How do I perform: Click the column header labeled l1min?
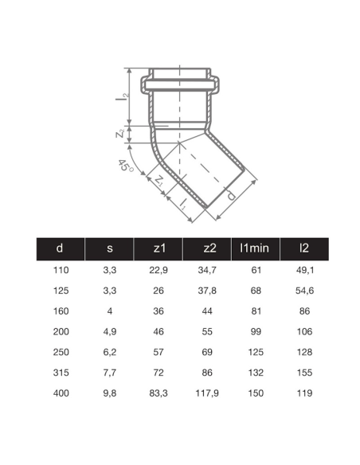click(255, 248)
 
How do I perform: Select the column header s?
click(109, 248)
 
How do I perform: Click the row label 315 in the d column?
click(60, 371)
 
